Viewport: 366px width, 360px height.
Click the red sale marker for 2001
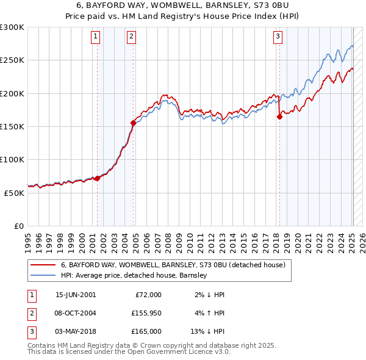98,178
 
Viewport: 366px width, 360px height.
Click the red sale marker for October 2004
133,123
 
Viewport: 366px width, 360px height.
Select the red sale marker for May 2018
279,117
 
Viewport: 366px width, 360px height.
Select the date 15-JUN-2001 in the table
75,294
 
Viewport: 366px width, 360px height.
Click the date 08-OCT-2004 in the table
75,312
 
